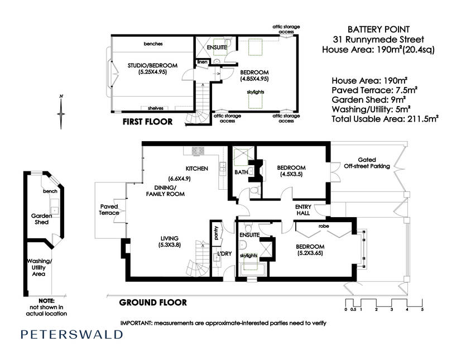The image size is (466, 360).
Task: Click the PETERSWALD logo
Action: pos(71,334)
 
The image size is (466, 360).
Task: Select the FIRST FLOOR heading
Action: pos(147,122)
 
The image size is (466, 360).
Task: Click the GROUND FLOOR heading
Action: pos(153,303)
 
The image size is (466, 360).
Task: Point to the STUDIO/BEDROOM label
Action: pos(152,65)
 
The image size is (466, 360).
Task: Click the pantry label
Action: pos(216,233)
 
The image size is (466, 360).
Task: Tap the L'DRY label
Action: pos(224,253)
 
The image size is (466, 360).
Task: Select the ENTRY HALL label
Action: pos(303,210)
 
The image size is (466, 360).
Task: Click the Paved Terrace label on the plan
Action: pos(109,209)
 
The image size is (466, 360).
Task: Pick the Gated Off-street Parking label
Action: pos(367,163)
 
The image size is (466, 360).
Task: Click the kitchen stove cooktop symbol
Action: pos(198,151)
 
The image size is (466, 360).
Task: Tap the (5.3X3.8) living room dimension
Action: pos(170,245)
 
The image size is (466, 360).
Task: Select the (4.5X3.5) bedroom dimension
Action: pos(291,174)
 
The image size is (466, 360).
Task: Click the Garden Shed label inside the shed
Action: pos(42,219)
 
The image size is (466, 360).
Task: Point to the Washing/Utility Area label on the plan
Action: pos(39,267)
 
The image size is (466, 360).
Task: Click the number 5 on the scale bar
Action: pos(422,309)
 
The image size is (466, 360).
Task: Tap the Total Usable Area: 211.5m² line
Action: pos(385,119)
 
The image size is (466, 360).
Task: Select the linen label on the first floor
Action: pos(203,62)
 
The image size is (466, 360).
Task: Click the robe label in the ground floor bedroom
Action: pos(324,226)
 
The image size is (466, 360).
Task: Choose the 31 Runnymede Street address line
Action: pos(378,39)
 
